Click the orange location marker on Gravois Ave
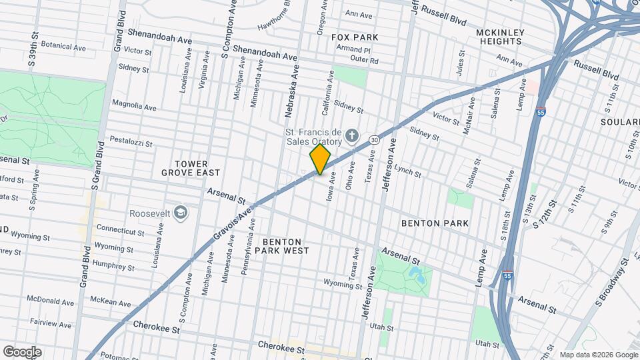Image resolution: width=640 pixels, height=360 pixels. pyautogui.click(x=320, y=159)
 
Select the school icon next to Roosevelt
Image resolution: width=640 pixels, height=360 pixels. pyautogui.click(x=180, y=213)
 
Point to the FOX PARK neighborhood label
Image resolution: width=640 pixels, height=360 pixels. pyautogui.click(x=355, y=37)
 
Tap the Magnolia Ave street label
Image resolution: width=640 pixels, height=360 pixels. pyautogui.click(x=133, y=106)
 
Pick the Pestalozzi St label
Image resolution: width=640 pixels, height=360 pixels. pyautogui.click(x=131, y=143)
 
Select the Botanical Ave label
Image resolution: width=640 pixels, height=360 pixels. pyautogui.click(x=63, y=47)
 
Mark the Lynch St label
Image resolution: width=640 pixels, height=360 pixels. pyautogui.click(x=407, y=171)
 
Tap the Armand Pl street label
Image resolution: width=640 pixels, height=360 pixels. pyautogui.click(x=353, y=50)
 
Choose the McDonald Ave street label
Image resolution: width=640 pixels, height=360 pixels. pyautogui.click(x=50, y=299)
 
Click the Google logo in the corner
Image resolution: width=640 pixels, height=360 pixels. pyautogui.click(x=22, y=352)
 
